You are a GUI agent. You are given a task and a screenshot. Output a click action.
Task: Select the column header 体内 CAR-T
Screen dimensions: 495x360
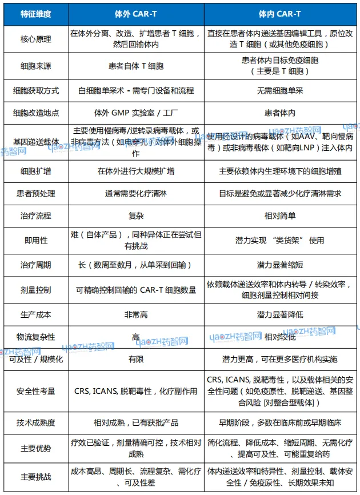click(x=280, y=13)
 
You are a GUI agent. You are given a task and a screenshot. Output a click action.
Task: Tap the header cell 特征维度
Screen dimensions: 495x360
click(x=35, y=13)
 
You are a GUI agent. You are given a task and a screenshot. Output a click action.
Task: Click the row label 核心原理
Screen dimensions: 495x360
click(x=35, y=39)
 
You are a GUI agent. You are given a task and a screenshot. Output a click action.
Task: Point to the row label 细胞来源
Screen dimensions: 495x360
click(x=35, y=65)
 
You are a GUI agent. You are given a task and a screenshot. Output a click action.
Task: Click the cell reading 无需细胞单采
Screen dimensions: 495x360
click(x=280, y=90)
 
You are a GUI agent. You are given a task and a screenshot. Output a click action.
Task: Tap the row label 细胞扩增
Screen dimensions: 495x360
click(x=35, y=170)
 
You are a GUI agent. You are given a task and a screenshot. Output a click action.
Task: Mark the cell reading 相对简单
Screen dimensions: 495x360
click(x=280, y=216)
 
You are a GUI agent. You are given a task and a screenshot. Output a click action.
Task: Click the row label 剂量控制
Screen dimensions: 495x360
click(x=35, y=290)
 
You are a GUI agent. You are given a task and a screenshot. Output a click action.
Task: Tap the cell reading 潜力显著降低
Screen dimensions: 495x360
click(x=280, y=314)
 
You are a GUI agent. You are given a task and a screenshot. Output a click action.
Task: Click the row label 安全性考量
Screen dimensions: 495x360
click(x=35, y=392)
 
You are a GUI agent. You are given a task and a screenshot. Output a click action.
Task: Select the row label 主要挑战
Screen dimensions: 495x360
click(x=35, y=476)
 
